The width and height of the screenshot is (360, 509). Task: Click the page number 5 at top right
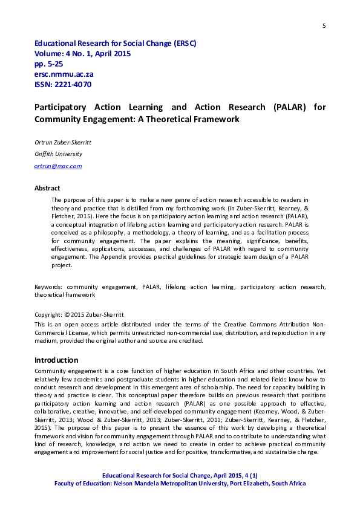(324, 25)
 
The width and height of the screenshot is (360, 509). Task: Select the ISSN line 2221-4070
(63, 85)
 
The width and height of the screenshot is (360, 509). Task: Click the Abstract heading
(47, 188)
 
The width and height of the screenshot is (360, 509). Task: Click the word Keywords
(49, 287)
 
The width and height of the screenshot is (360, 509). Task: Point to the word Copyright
(48, 315)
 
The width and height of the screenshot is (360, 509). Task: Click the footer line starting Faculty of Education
(180, 484)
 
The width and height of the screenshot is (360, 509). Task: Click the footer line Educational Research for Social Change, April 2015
(180, 476)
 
